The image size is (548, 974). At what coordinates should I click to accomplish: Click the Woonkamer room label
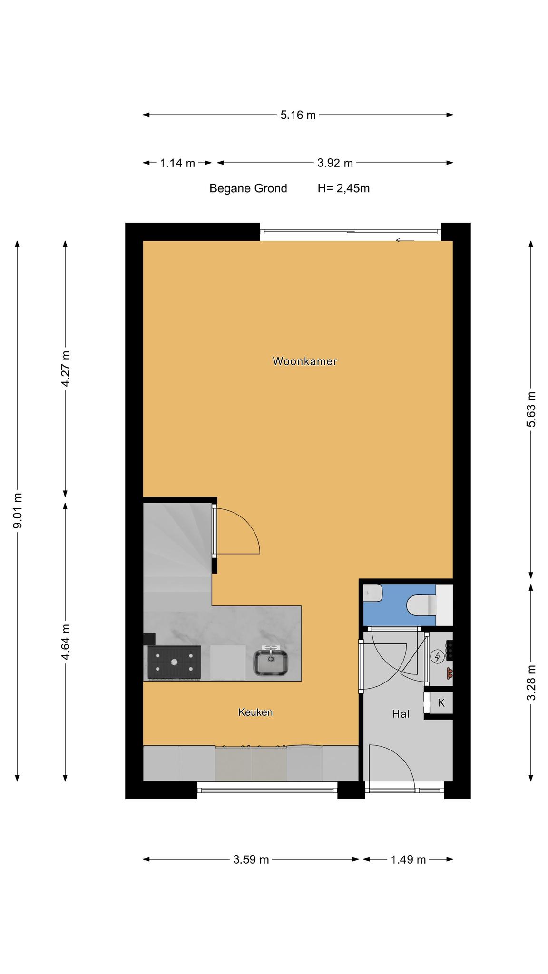pos(304,361)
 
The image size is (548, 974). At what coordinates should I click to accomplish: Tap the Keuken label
pos(255,712)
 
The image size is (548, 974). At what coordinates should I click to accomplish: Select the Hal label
pos(401,713)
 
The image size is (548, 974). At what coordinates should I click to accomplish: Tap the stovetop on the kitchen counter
pos(174,662)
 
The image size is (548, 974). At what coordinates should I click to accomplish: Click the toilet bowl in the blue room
pos(421,605)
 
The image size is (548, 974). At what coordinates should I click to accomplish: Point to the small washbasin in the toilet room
pos(373,594)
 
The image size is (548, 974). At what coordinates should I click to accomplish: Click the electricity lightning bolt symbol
pos(437,657)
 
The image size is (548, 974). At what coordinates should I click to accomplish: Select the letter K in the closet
pos(441,702)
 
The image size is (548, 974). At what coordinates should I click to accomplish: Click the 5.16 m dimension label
pos(298,115)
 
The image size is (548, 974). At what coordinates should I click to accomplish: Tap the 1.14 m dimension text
pos(177,163)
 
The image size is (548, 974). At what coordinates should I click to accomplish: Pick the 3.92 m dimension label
pos(335,163)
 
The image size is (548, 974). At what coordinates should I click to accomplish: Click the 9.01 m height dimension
pos(18,511)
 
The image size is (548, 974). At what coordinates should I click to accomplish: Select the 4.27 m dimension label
pos(66,369)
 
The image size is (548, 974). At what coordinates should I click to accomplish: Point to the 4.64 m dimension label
pos(66,642)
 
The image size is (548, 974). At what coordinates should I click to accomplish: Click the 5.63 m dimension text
pos(531,409)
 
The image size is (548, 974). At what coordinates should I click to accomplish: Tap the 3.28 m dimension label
pos(531,682)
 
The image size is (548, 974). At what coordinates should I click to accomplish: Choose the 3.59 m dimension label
pos(251,860)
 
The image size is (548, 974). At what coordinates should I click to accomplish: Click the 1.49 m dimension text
pos(408,860)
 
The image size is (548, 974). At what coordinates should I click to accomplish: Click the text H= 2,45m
pos(343,188)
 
